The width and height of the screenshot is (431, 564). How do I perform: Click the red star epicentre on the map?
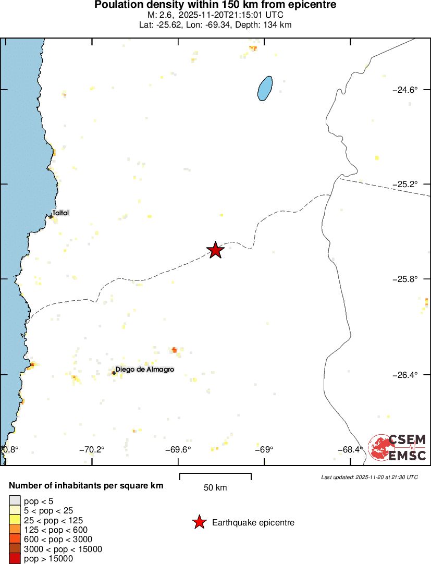pos(215,250)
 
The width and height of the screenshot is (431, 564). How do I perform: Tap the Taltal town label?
pos(60,213)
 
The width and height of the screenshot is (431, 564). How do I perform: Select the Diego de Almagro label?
pos(144,369)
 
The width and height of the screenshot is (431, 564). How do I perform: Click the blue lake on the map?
pos(265,88)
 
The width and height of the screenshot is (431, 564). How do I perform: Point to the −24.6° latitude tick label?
pos(404,90)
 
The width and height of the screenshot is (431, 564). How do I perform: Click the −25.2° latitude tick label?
pos(404,184)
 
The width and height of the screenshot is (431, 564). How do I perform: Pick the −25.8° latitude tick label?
pos(404,279)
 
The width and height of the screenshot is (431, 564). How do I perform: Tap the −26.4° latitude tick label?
pos(404,375)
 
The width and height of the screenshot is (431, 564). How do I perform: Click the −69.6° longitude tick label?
pos(179,449)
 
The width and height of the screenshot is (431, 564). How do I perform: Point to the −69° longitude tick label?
pos(264,449)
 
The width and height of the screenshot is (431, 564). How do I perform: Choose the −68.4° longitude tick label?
pos(350,449)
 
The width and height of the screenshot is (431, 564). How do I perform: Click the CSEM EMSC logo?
pos(397,448)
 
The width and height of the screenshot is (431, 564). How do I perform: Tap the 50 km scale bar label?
pos(215,487)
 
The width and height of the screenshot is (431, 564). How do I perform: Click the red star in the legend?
pos(199,522)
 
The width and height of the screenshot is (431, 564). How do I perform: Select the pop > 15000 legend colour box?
pos(15,559)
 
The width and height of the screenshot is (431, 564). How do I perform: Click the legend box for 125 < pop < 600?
pos(15,530)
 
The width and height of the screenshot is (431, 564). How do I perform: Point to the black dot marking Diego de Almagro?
pos(114,373)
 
